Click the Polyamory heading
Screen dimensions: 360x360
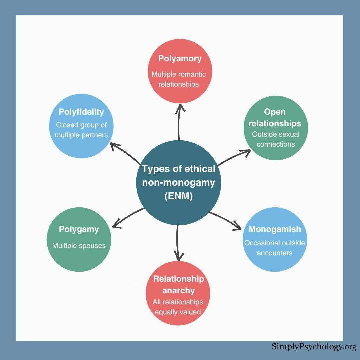click(x=180, y=59)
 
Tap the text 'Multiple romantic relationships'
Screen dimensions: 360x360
click(x=179, y=79)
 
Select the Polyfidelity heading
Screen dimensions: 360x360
click(x=81, y=112)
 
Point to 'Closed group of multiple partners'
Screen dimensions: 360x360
click(x=81, y=130)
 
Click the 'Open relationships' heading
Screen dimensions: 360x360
click(x=275, y=117)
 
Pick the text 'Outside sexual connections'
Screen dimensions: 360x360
click(x=276, y=139)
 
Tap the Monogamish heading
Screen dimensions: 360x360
click(x=275, y=229)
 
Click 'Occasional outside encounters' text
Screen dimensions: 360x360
click(x=275, y=248)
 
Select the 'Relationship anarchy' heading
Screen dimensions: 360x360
click(x=178, y=284)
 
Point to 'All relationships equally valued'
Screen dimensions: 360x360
click(x=178, y=307)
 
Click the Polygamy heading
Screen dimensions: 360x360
click(x=79, y=229)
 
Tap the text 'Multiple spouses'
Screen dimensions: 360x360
click(x=79, y=246)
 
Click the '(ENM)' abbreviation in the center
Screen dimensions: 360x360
click(x=179, y=196)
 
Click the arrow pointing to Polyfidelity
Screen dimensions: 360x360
click(x=125, y=153)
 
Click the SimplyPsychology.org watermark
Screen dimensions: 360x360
click(x=313, y=347)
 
